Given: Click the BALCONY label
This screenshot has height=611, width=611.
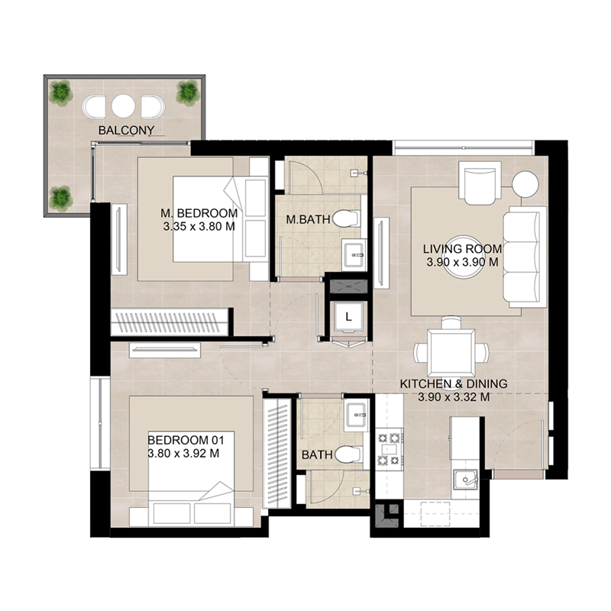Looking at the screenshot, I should click(x=126, y=131).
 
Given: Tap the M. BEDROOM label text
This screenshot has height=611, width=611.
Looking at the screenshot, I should click(x=199, y=213).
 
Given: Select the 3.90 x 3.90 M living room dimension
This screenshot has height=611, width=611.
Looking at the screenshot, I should click(x=462, y=262).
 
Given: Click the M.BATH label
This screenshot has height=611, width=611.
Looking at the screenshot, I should click(x=309, y=220).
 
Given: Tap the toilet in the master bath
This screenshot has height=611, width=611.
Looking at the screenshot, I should click(x=349, y=220).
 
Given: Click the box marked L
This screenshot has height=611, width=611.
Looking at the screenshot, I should click(x=348, y=315).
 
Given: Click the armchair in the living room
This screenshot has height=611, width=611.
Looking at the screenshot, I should click(x=480, y=183).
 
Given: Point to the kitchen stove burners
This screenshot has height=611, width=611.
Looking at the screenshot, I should click(x=389, y=449).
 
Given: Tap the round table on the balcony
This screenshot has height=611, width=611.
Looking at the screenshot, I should click(x=124, y=105).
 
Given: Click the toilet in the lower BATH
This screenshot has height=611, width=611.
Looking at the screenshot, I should click(x=349, y=455).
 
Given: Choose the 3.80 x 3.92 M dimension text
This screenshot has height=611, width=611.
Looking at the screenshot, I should click(x=184, y=453).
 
